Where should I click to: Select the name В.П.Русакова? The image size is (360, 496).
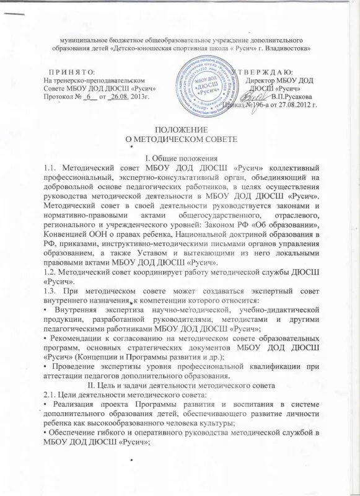(292, 97)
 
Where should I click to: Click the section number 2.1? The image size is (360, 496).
(46, 394)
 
